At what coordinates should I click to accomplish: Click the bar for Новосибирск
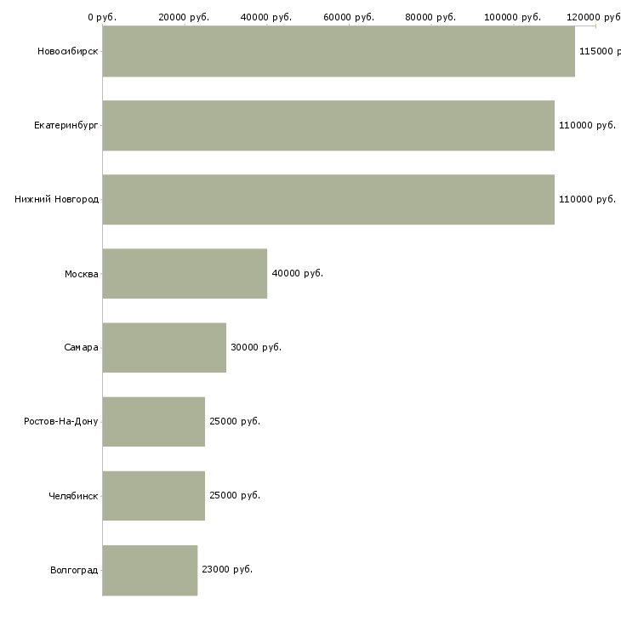339,51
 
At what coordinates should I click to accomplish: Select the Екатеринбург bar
328,125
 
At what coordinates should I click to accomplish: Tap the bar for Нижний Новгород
328,199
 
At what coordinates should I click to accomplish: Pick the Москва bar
185,273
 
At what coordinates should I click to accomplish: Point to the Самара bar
164,347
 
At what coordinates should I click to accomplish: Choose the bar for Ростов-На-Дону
154,421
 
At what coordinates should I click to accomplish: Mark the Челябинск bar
154,495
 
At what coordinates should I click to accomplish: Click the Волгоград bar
150,570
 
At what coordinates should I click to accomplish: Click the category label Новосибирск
68,51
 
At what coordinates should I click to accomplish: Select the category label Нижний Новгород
57,199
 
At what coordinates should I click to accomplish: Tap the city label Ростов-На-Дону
61,421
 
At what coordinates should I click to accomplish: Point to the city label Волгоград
74,570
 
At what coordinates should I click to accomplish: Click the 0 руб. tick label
102,17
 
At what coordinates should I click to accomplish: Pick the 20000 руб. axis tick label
184,17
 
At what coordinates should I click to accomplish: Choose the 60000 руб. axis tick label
349,17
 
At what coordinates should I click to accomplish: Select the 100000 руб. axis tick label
512,17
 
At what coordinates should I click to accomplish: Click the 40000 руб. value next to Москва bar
298,273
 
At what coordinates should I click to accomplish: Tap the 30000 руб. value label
256,347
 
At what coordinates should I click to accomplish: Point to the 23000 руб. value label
227,569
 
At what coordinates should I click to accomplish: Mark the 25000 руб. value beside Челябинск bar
235,495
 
